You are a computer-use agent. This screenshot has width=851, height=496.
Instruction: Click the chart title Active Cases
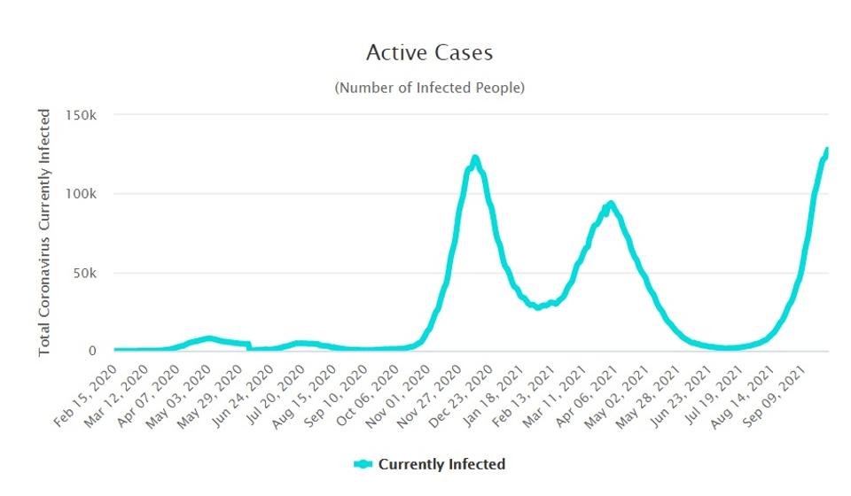click(x=429, y=53)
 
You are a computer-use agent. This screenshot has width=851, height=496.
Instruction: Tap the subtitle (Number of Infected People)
click(x=429, y=88)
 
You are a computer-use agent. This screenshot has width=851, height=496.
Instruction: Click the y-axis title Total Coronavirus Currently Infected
click(x=45, y=233)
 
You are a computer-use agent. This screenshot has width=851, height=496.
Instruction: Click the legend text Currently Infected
click(x=441, y=464)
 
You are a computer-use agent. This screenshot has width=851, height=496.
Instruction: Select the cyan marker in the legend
click(x=363, y=464)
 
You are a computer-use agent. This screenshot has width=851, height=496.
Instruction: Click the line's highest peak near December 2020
click(x=475, y=159)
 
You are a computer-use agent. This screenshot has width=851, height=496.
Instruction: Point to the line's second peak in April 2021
click(x=610, y=204)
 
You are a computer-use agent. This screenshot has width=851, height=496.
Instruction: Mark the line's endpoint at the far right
click(x=827, y=150)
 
